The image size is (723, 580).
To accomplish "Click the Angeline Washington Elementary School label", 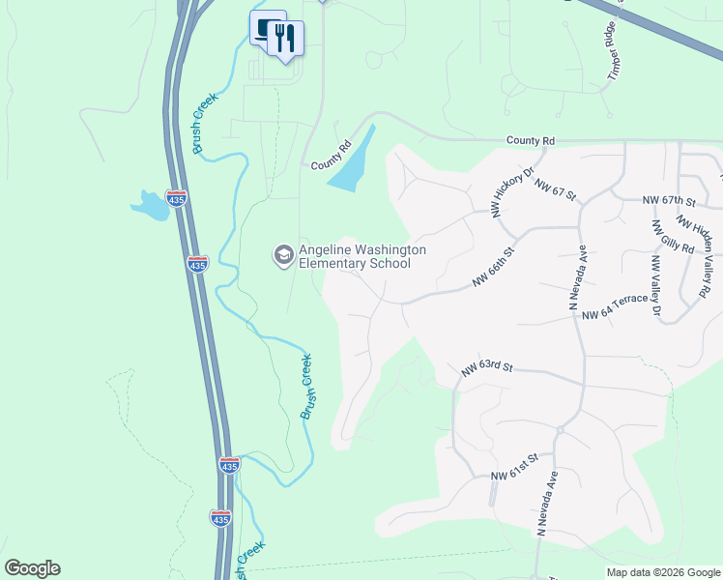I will coord(361,256).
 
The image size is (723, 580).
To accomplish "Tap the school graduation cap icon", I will coord(283,255).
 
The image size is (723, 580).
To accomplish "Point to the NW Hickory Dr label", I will coord(513,190).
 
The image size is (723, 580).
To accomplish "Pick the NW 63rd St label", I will coord(486,368).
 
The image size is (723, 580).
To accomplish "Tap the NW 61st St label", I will coord(512,476).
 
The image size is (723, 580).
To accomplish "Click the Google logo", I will coord(32,568).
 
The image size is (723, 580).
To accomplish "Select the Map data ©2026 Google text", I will coord(663,572).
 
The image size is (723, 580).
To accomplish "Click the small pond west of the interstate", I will coord(150,204).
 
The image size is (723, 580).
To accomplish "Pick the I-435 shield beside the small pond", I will coord(176,198).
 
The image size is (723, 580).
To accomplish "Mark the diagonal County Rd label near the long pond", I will coord(332,157).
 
